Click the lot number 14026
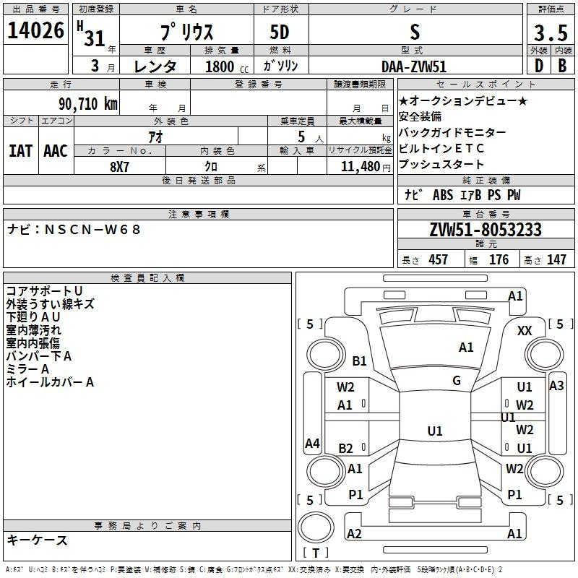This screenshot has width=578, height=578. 35,30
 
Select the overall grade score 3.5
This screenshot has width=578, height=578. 551,33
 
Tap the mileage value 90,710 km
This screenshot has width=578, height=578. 87,104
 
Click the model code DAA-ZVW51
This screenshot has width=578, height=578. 414,66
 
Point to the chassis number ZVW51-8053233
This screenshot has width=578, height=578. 486,230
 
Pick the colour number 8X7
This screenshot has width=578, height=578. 119,167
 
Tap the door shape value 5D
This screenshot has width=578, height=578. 280,33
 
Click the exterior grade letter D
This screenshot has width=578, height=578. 538,66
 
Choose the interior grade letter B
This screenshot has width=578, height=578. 562,66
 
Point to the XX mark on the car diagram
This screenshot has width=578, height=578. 525,331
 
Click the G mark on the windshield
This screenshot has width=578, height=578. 457,380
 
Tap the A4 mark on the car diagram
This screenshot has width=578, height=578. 312,443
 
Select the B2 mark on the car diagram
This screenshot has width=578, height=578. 345,448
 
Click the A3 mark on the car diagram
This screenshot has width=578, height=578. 556,386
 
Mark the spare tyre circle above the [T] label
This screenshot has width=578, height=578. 316,527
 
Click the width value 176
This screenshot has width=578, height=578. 499,259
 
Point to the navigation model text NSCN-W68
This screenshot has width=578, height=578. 92,230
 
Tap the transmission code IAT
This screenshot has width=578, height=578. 21,151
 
